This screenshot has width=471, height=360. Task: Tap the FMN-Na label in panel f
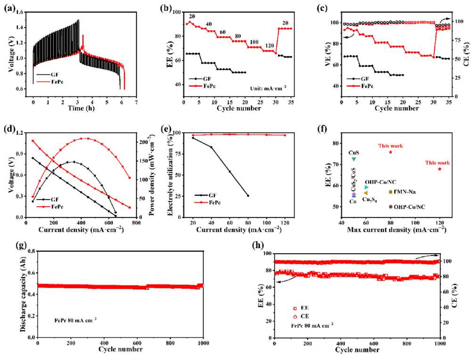405,192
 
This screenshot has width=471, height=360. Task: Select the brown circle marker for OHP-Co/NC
390,207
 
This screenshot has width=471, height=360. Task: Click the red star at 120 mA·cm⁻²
440,169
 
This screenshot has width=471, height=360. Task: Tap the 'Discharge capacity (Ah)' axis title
23,294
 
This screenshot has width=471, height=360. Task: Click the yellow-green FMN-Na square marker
390,192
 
